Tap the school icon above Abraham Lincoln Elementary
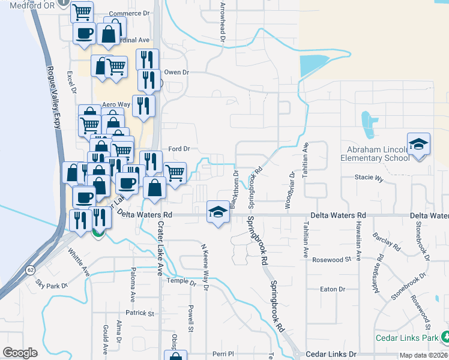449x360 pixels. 418,145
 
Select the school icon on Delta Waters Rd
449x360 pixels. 217,211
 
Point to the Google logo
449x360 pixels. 20,352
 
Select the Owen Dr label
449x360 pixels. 176,72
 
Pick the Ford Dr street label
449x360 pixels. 179,148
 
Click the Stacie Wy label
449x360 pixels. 369,178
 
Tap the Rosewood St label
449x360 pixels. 331,260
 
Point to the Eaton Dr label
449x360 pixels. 333,289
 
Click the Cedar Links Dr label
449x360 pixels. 331,355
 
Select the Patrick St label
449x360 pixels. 140,313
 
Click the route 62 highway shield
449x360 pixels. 30,270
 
